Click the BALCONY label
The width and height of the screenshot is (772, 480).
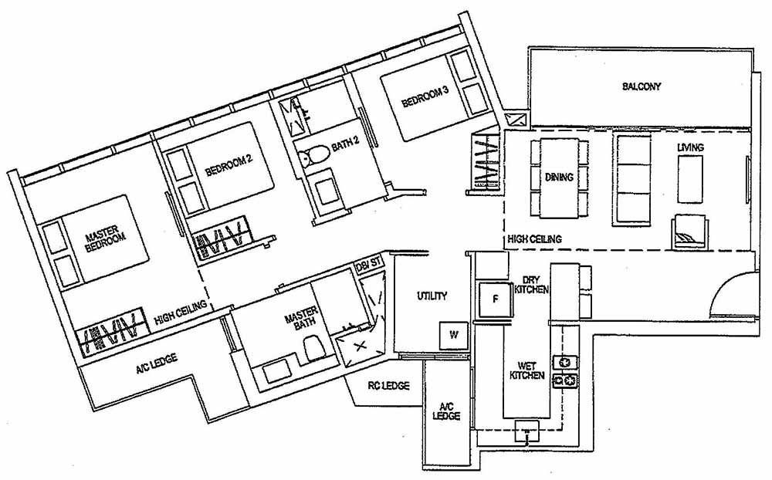[642, 86]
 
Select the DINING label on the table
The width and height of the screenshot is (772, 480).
[559, 177]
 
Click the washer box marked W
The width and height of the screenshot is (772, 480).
[453, 334]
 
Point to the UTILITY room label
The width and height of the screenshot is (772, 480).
[432, 296]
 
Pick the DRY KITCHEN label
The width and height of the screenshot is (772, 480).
[534, 285]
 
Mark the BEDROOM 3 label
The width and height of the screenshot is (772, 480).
[424, 97]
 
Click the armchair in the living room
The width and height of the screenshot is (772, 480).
[686, 230]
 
